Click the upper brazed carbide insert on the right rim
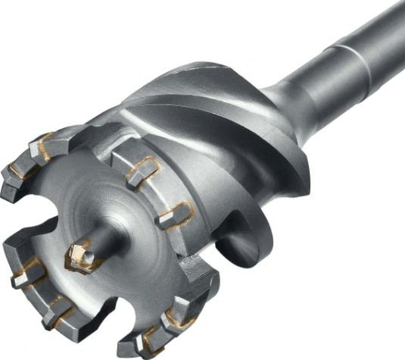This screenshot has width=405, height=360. tap(141, 171)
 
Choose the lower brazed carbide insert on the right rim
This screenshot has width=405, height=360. tap(175, 216)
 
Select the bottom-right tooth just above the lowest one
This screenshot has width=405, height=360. tap(178, 311)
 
